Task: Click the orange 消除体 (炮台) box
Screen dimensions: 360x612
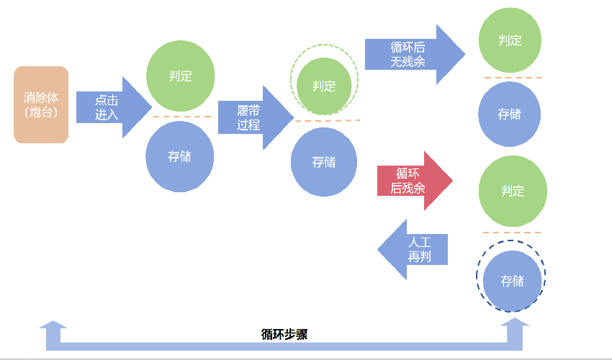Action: [41, 104]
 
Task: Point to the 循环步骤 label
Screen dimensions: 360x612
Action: [284, 334]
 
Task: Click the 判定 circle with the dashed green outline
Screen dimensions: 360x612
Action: [324, 86]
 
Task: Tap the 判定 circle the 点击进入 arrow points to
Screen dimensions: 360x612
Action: [180, 76]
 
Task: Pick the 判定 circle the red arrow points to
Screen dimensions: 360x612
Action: [512, 191]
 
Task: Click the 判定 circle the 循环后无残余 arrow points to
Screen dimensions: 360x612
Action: [510, 40]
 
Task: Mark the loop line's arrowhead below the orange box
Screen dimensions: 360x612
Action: [53, 328]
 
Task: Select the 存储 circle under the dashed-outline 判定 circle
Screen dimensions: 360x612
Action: [324, 162]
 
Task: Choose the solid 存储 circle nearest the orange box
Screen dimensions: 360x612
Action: [180, 157]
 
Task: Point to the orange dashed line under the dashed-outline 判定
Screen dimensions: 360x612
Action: [327, 120]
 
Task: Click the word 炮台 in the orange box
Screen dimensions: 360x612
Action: [40, 113]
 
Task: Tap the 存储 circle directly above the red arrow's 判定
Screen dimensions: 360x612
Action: [510, 114]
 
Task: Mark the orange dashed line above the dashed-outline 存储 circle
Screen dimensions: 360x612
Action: [511, 232]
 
